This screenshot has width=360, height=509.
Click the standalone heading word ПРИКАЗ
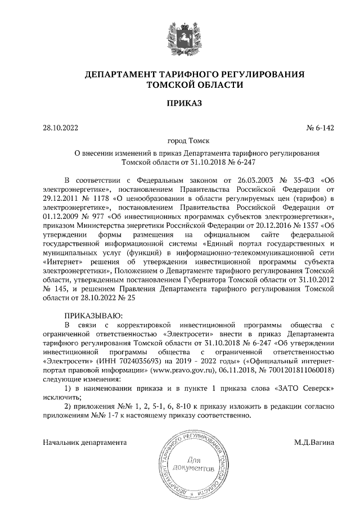point(180,103)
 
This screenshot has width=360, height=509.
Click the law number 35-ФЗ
point(296,180)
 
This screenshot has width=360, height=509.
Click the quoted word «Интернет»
point(62,261)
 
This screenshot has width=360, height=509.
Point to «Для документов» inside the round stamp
point(195,464)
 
